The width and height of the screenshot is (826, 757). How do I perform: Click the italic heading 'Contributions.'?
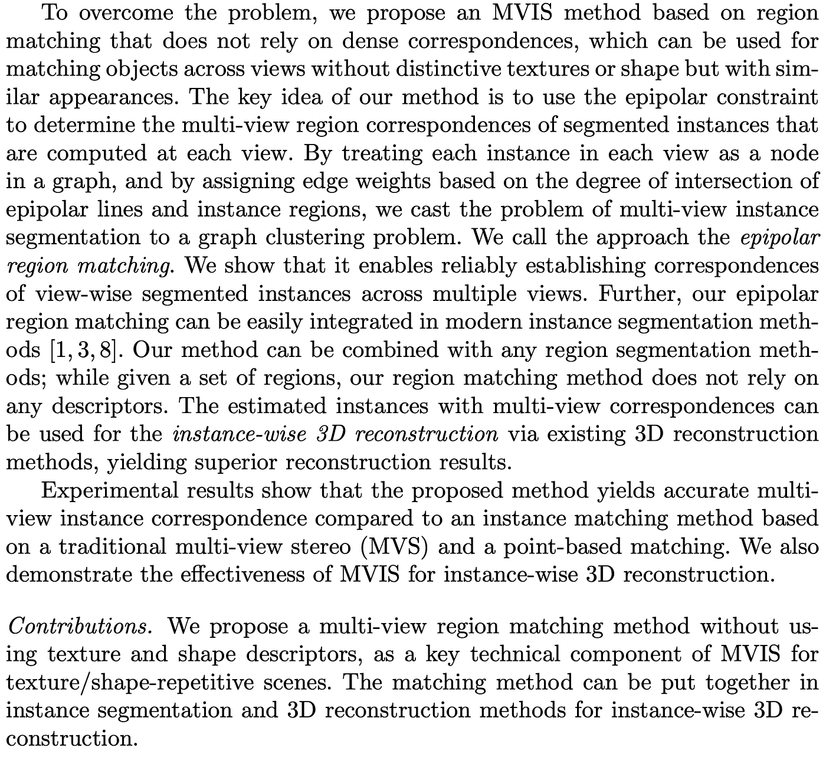(81, 626)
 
